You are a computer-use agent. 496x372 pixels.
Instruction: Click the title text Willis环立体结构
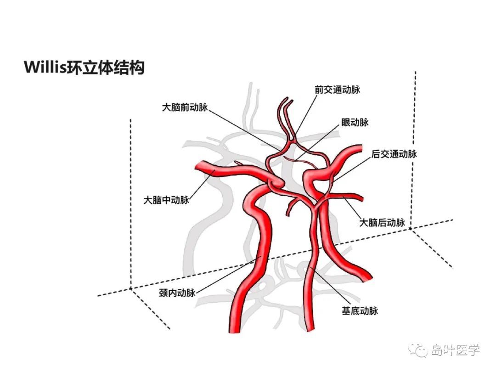[85, 67]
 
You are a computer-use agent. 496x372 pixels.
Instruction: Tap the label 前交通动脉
[337, 90]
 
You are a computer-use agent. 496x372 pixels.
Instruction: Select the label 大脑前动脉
[185, 107]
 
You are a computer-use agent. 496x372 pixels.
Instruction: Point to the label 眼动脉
[355, 123]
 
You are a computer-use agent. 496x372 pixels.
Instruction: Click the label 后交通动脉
[394, 154]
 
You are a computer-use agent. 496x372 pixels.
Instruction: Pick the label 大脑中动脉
[166, 200]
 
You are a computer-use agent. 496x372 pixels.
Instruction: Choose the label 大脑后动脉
[382, 222]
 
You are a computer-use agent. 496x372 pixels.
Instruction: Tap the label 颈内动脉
[177, 293]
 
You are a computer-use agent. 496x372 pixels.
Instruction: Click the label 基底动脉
[360, 311]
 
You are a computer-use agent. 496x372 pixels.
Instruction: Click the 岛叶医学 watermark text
[456, 350]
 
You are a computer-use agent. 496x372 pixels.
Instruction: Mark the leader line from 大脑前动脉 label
[244, 130]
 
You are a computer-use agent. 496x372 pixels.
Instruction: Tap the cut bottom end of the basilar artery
[310, 330]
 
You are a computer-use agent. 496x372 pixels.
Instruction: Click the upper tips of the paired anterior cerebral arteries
[287, 100]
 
